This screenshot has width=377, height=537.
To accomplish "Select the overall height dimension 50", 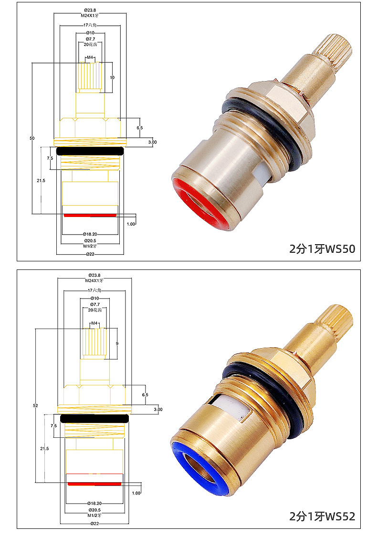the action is coord(32,138).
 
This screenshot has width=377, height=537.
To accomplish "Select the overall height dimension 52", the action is coord(35,405).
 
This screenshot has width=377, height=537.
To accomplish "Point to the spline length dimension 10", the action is coord(112,77).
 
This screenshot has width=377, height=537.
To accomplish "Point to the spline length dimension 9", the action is coord(117,343).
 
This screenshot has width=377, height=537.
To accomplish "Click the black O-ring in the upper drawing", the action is coord(90,151).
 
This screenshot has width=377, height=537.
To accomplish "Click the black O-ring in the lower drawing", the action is coord(94,418).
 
